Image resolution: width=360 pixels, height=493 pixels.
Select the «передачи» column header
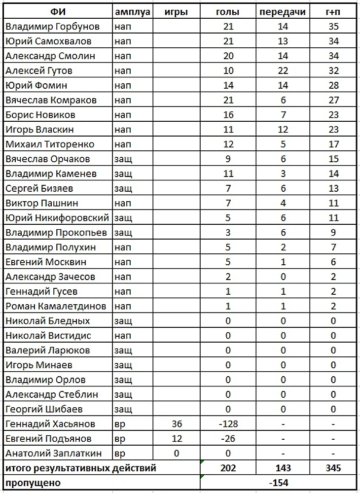pyautogui.click(x=283, y=11)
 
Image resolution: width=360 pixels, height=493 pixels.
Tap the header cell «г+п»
pyautogui.click(x=334, y=11)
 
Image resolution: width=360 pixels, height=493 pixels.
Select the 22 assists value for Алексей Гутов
pyautogui.click(x=283, y=70)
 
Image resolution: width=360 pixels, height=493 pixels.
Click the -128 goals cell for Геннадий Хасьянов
pyautogui.click(x=228, y=424)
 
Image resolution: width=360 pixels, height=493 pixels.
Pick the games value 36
pyautogui.click(x=177, y=424)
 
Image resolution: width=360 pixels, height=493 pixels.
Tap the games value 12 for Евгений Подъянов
pyautogui.click(x=177, y=439)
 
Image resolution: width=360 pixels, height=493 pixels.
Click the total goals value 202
pyautogui.click(x=228, y=468)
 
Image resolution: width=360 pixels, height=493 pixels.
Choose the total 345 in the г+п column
pyautogui.click(x=334, y=468)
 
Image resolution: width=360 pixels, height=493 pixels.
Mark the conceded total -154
pyautogui.click(x=278, y=483)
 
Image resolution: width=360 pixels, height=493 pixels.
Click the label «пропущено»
pyautogui.click(x=32, y=483)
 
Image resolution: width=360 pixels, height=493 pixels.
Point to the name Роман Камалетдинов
pyautogui.click(x=56, y=306)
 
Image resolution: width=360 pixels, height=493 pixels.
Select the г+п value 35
pyautogui.click(x=334, y=26)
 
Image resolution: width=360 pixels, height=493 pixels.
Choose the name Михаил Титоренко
pyautogui.click(x=50, y=144)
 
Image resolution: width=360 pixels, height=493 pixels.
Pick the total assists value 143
pyautogui.click(x=283, y=468)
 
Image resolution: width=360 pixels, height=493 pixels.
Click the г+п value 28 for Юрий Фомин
pyautogui.click(x=334, y=85)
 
